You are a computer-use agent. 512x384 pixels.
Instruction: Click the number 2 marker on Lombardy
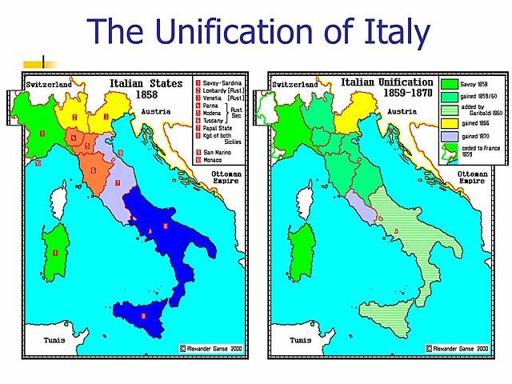74,117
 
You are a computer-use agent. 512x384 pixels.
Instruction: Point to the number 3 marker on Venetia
106,116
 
